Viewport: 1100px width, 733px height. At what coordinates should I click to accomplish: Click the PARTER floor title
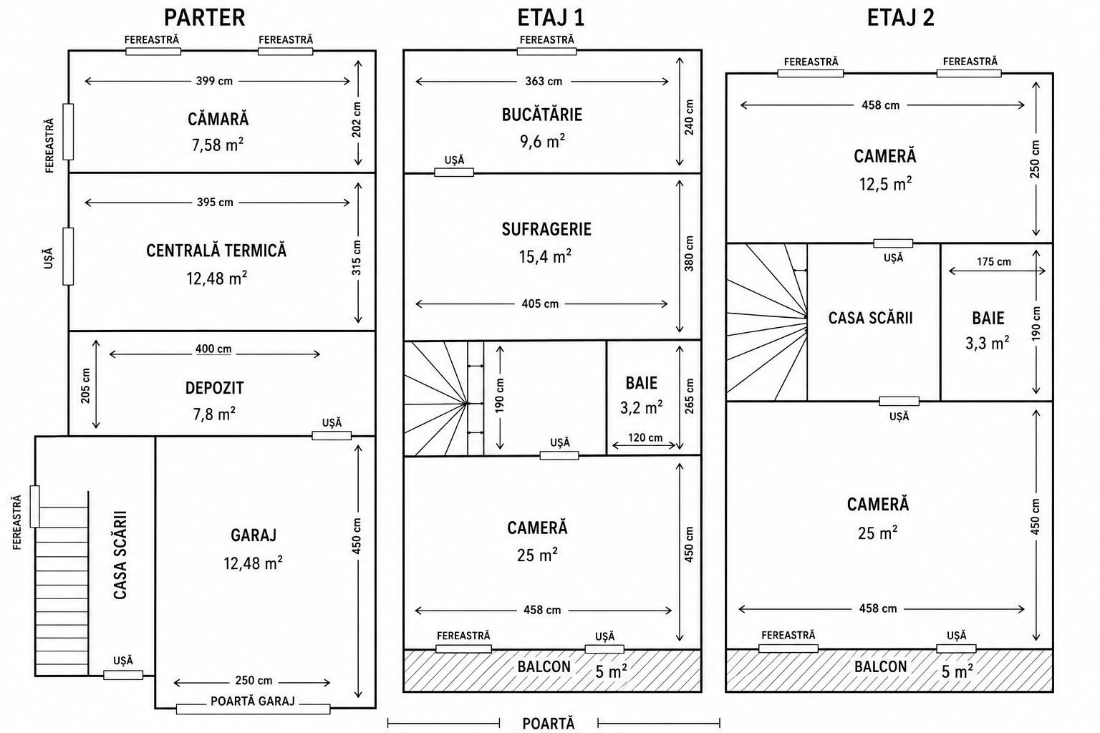coord(204,18)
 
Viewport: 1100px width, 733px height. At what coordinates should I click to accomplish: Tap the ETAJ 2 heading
coord(901,18)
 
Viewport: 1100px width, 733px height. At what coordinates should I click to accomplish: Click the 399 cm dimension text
coord(215,81)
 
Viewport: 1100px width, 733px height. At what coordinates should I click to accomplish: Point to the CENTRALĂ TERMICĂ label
coord(216,251)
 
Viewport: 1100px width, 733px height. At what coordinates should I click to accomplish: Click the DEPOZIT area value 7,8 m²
coord(214,414)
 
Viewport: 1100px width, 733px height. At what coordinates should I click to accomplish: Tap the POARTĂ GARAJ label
coord(253,701)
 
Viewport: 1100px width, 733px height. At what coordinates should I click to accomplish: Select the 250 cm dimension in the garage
coord(254,681)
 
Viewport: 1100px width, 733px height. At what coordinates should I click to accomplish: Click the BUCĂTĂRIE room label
coord(542,115)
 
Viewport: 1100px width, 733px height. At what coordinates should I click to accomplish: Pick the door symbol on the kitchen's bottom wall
coord(454,173)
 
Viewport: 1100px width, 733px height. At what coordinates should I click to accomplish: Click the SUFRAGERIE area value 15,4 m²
coord(545,256)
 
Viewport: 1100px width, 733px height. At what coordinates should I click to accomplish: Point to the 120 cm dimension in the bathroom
coord(645,437)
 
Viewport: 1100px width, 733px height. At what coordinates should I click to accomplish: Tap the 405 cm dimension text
coord(540,304)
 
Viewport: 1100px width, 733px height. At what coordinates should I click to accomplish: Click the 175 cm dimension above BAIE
coord(994,262)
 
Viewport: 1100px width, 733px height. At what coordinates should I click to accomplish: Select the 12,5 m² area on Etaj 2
coord(885,184)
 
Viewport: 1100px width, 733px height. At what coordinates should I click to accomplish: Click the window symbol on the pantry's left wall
coord(68,132)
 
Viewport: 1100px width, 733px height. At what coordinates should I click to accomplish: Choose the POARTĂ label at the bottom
coord(548,723)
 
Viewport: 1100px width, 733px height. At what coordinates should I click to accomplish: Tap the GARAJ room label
coord(254,535)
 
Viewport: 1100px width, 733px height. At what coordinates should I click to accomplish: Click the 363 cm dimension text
coord(544,82)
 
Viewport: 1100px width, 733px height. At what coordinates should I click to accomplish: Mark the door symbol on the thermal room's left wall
coord(68,256)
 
